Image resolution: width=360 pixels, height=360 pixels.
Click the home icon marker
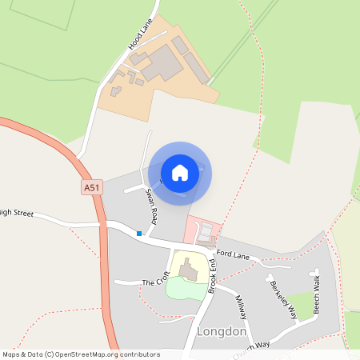[x=180, y=173]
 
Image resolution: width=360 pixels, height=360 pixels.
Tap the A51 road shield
[x=93, y=186]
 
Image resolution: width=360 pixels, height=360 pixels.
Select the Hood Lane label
[x=140, y=37]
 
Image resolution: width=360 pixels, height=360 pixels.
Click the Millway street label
[x=242, y=307]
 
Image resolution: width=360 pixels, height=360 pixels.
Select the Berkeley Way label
[x=283, y=300]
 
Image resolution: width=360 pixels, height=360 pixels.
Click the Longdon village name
[x=220, y=331]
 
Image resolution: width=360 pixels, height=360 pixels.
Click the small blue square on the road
[x=139, y=234]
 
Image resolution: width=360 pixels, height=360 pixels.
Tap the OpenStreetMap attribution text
[x=81, y=354]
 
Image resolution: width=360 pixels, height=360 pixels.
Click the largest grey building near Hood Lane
[x=163, y=62]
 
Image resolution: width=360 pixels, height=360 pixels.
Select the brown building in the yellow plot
[x=190, y=270]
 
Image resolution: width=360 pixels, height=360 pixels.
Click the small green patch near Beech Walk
[x=302, y=302]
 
